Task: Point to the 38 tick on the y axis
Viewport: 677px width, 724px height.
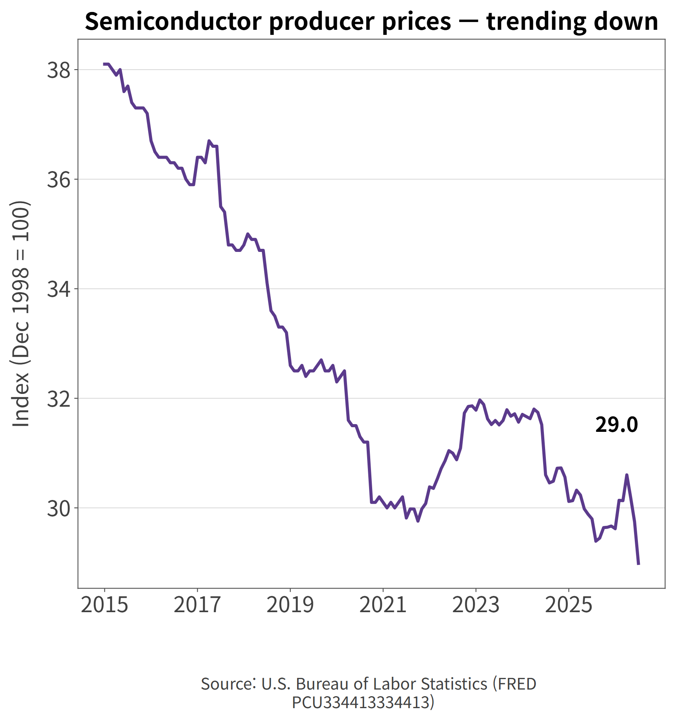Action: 59,70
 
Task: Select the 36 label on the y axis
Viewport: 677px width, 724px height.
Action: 59,180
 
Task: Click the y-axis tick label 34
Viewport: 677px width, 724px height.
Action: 59,289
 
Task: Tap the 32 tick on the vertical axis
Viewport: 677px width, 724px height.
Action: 59,399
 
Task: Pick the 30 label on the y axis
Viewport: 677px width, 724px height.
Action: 59,508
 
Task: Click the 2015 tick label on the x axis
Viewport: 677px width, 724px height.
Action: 104,604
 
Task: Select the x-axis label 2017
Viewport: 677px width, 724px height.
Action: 197,604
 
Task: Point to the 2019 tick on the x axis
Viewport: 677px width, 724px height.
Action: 290,604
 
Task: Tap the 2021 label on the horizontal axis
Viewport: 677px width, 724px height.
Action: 383,604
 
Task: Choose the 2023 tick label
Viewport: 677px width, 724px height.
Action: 476,604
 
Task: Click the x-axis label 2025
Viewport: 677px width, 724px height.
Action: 569,604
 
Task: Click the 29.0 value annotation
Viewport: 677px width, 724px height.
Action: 616,425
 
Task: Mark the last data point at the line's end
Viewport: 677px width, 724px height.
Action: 638,564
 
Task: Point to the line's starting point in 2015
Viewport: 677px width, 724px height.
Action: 104,64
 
